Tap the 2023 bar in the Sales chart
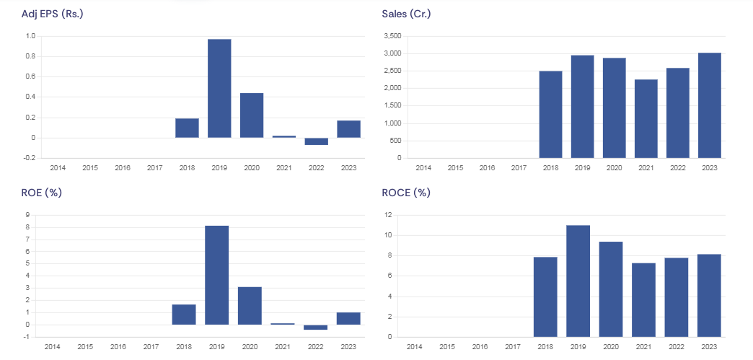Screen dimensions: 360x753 [709, 105]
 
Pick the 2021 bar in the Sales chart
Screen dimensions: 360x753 [646, 118]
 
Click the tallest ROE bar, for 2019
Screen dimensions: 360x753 [216, 275]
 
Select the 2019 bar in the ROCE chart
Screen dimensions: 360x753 [578, 281]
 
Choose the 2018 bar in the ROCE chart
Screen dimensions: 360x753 [545, 297]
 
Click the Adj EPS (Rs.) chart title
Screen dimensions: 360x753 [53, 14]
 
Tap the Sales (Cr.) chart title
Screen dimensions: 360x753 [406, 14]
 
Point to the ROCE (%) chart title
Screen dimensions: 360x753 [406, 193]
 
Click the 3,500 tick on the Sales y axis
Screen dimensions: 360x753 [392, 36]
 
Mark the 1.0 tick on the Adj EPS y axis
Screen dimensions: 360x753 [30, 36]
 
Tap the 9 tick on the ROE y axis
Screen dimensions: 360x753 [27, 215]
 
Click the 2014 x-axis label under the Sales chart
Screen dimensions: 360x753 [423, 168]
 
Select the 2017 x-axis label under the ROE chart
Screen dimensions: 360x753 [151, 347]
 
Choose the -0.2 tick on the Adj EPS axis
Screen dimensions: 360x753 [30, 158]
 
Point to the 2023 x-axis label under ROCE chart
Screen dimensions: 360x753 [709, 347]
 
